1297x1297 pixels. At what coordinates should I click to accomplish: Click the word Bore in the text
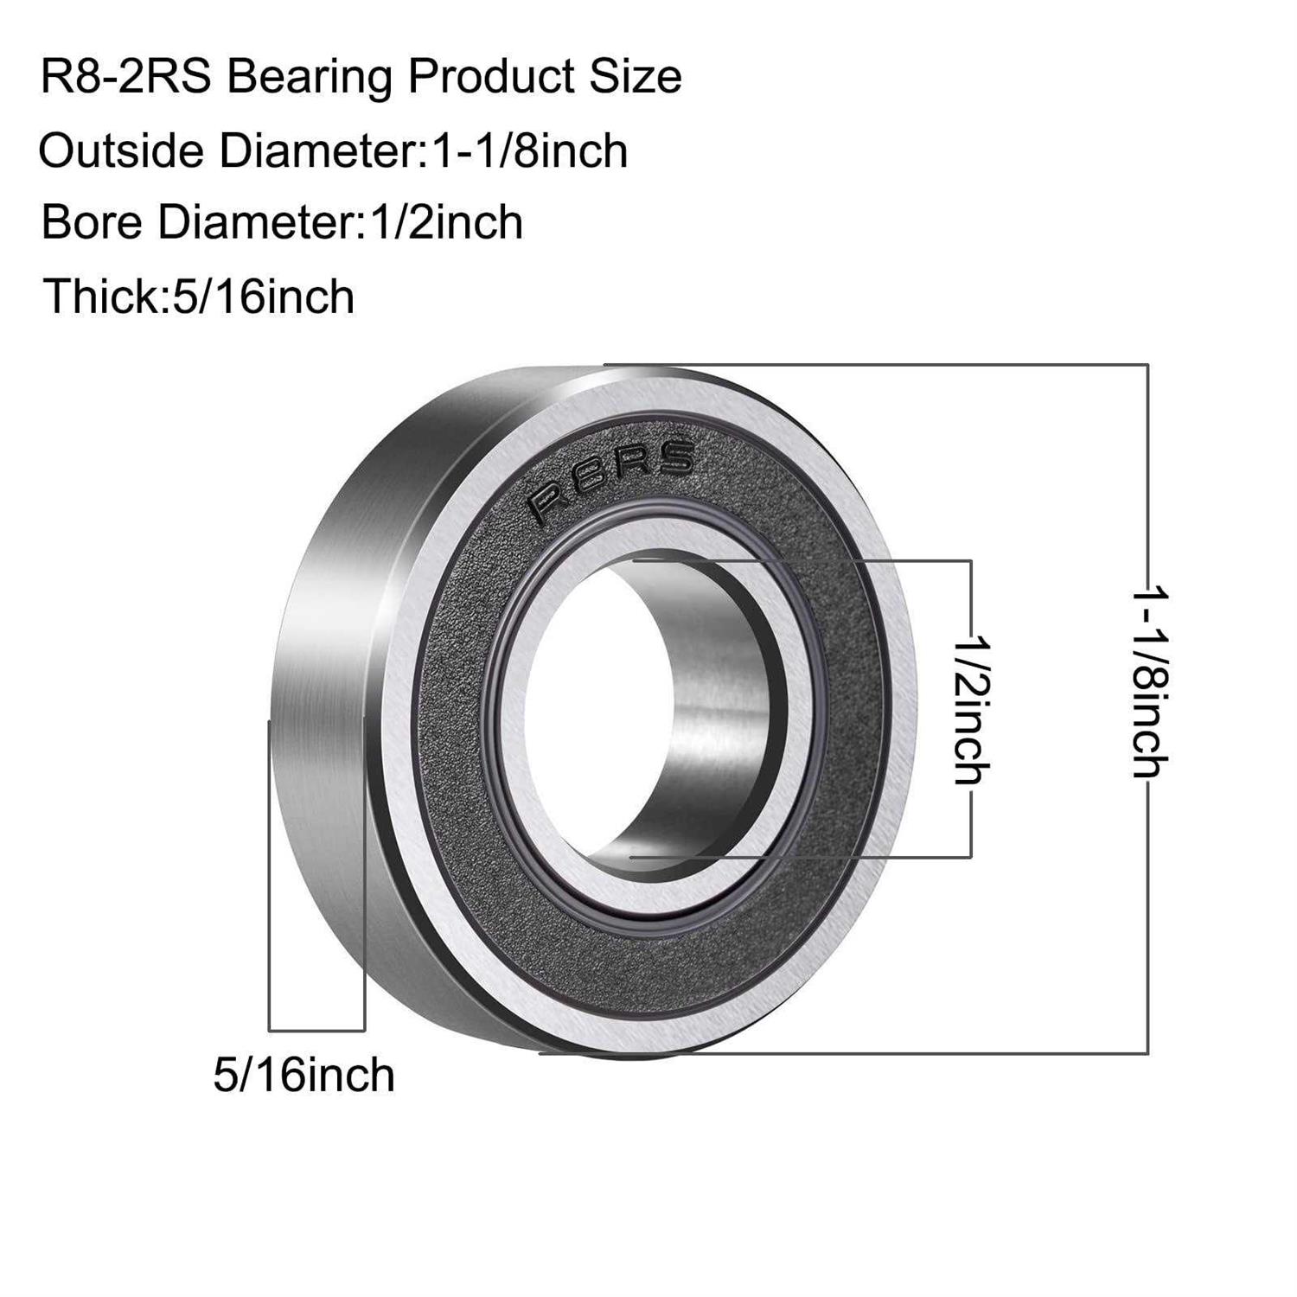pyautogui.click(x=92, y=223)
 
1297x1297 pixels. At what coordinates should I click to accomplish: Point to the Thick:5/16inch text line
pyautogui.click(x=199, y=297)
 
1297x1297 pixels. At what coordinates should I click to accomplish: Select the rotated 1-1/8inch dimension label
pyautogui.click(x=1151, y=683)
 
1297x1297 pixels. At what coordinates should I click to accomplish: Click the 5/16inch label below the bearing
pyautogui.click(x=304, y=1075)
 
